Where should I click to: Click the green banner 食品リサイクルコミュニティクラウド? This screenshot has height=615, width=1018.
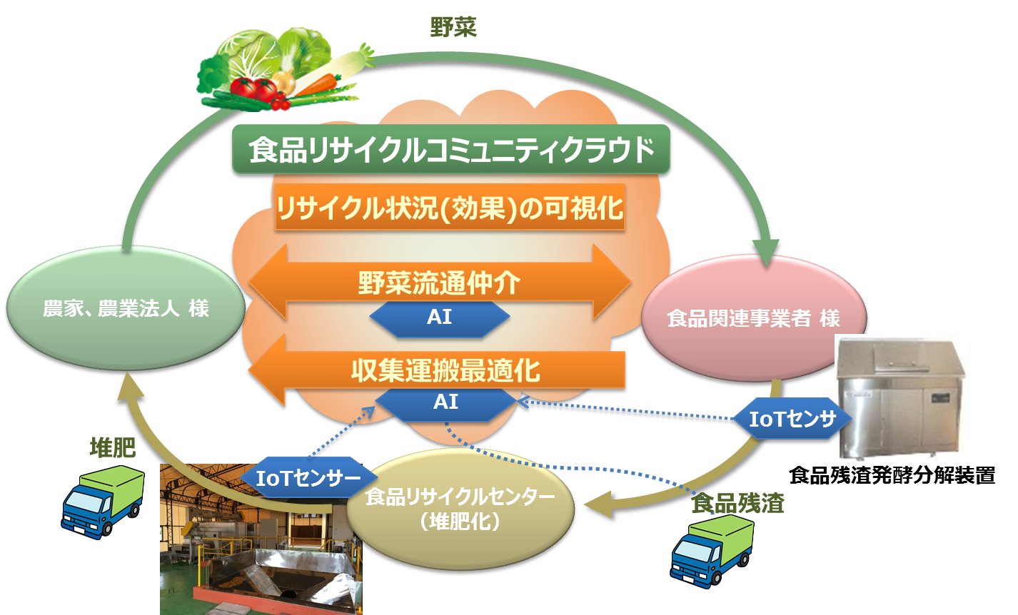451,151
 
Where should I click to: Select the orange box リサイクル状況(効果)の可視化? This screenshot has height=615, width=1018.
450,208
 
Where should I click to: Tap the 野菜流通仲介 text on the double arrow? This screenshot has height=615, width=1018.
438,283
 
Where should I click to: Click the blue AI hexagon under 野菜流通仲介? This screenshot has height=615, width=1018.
439,317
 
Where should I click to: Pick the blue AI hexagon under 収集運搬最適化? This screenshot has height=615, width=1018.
445,402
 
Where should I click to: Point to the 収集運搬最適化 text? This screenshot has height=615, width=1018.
445,371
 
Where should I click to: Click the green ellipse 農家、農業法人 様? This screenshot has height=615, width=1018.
126,309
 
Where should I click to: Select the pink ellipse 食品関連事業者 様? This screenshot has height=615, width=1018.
753,318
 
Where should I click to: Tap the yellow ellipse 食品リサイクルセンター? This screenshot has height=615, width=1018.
460,507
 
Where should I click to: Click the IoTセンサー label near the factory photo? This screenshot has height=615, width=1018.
308,478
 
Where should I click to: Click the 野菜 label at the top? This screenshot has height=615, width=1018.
453,28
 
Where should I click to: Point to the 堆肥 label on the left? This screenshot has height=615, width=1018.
112,447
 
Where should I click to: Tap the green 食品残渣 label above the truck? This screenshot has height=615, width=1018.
738,504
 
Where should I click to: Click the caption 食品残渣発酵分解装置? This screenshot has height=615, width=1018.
892,475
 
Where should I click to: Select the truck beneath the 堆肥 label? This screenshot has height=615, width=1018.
102,500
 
